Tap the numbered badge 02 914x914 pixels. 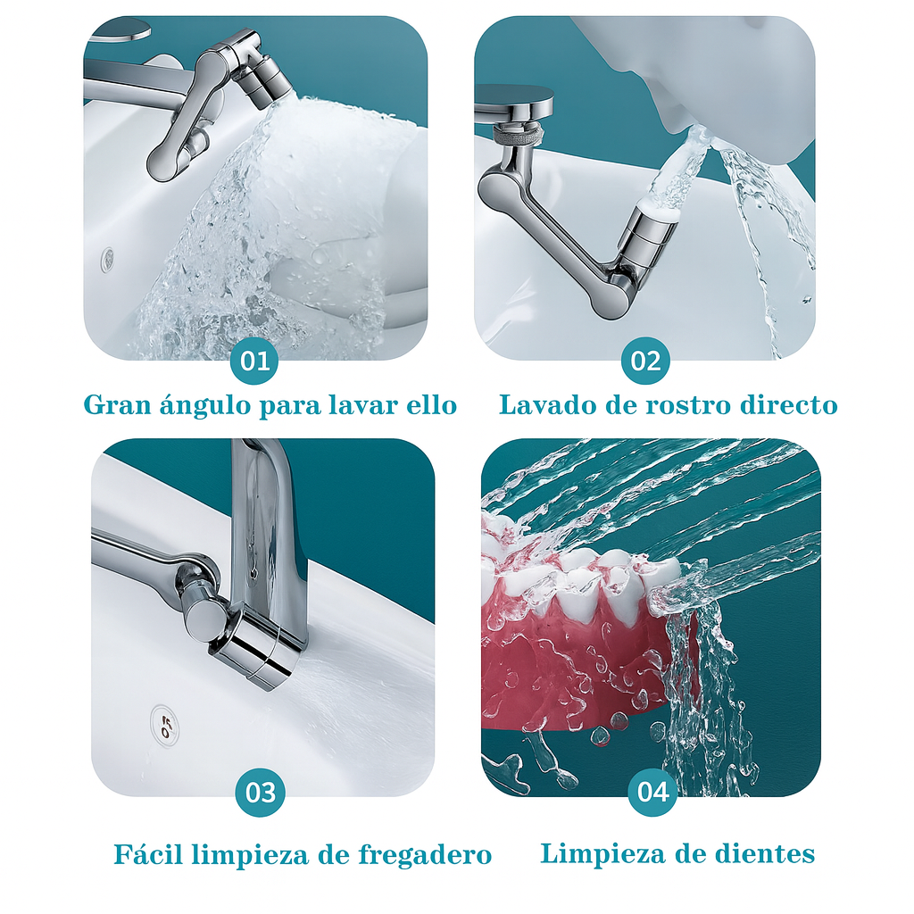pyautogui.click(x=645, y=361)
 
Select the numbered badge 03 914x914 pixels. pyautogui.click(x=261, y=792)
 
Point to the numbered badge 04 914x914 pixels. pyautogui.click(x=652, y=792)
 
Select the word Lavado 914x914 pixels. pyautogui.click(x=545, y=405)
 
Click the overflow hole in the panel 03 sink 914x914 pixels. pyautogui.click(x=164, y=722)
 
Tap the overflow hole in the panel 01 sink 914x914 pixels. pyautogui.click(x=108, y=259)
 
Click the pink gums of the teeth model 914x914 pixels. pyautogui.click(x=571, y=661)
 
